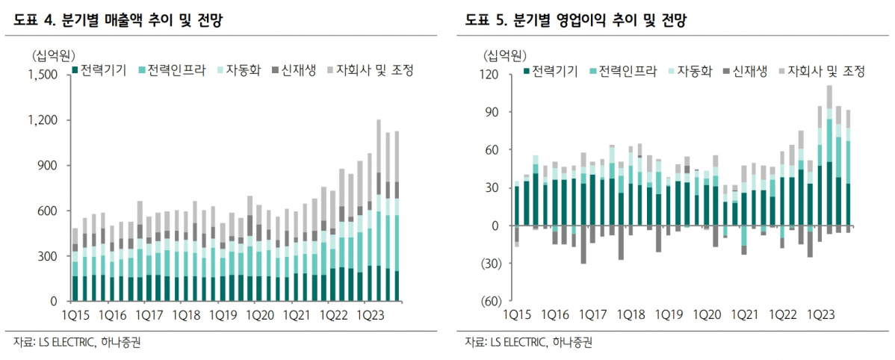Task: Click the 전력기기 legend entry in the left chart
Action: pos(100,70)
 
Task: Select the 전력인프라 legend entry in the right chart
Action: pos(623,72)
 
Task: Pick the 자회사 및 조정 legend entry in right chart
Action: pos(827,72)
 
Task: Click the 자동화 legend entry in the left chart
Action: pos(238,70)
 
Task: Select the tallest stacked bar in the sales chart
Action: pos(379,209)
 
